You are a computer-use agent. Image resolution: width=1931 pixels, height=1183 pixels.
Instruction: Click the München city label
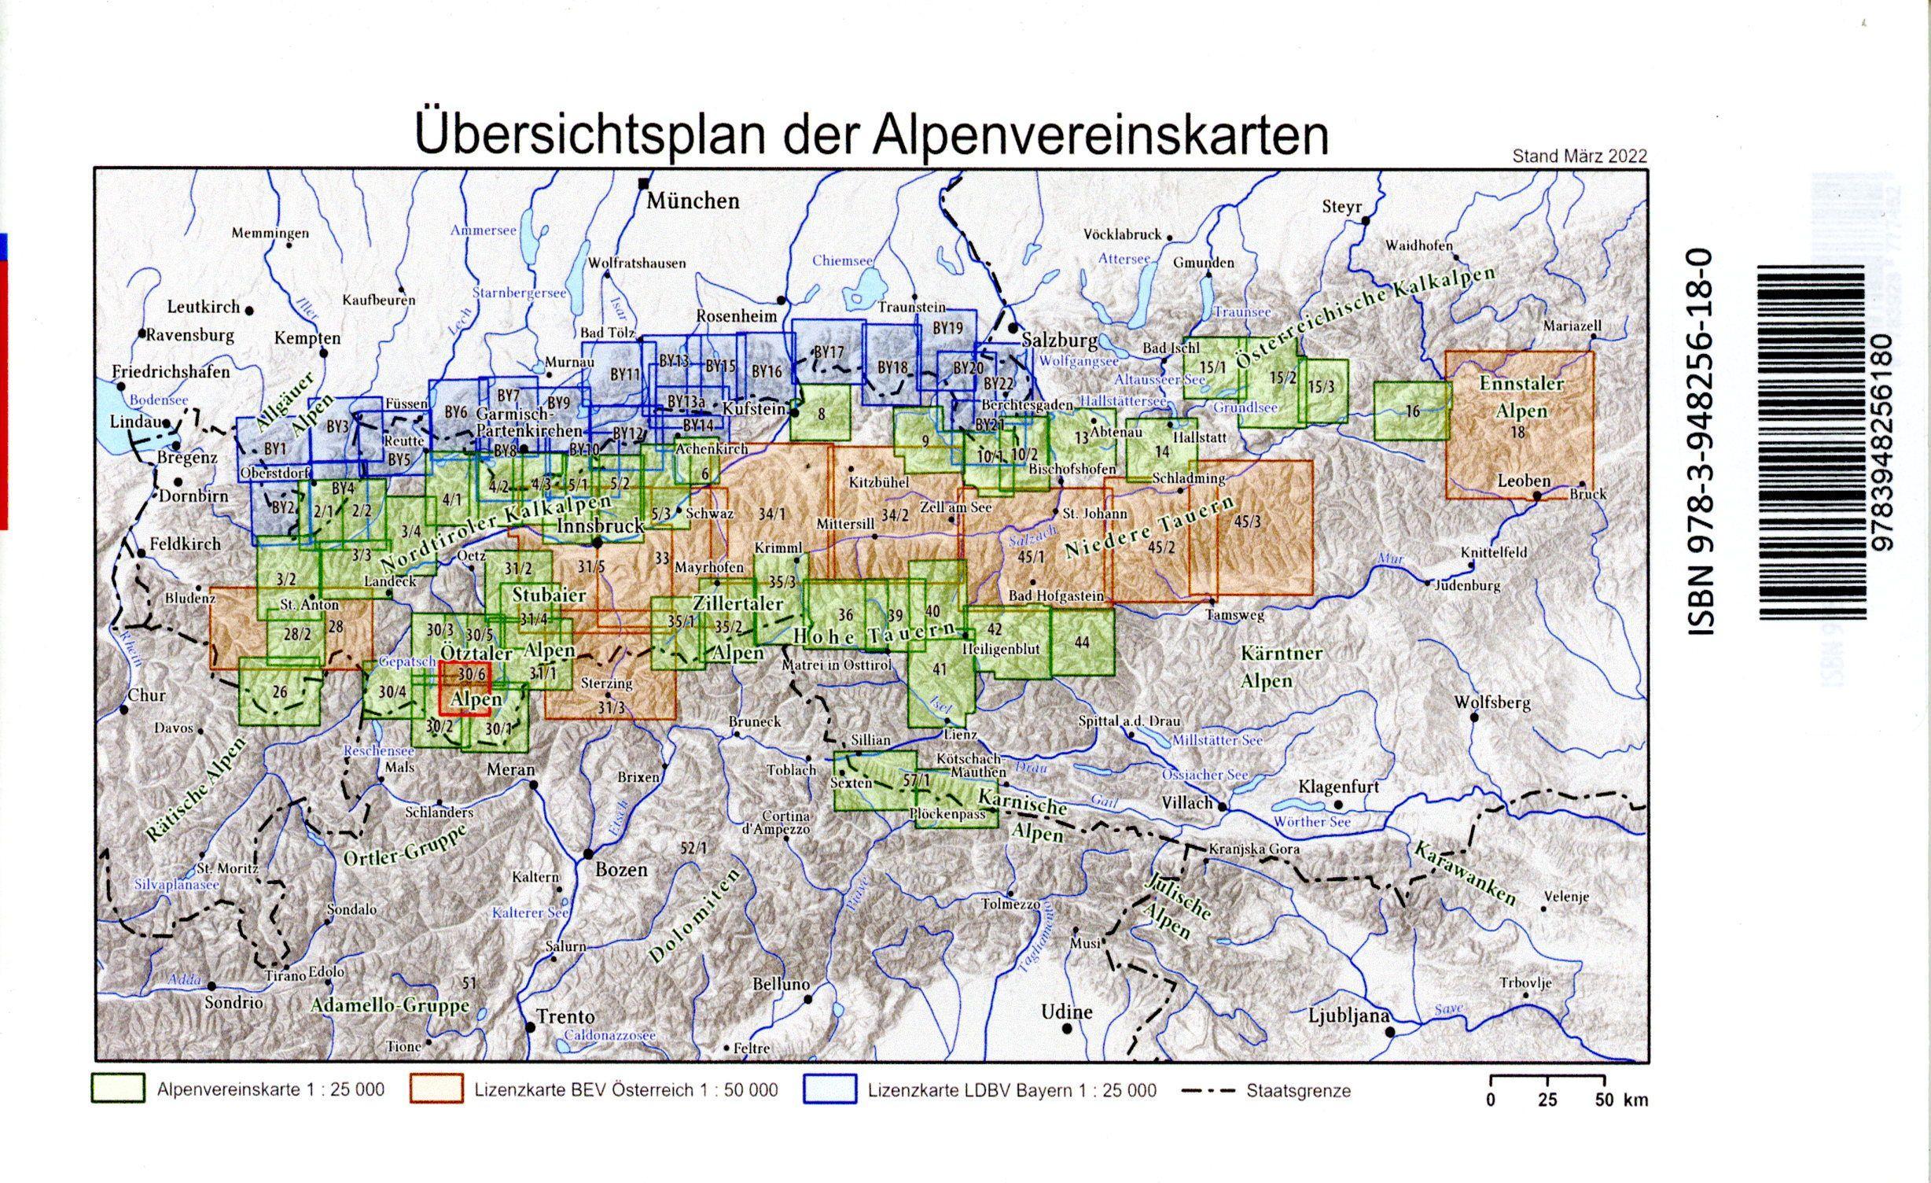tap(693, 201)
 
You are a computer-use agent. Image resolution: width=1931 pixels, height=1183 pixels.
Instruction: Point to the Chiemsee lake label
tap(843, 260)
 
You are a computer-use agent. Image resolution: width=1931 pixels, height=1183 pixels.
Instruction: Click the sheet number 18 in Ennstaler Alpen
tap(1518, 431)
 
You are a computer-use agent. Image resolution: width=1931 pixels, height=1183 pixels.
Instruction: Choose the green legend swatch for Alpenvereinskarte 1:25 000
tap(119, 1089)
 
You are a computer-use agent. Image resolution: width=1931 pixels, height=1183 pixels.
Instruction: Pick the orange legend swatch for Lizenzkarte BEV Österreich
tap(436, 1089)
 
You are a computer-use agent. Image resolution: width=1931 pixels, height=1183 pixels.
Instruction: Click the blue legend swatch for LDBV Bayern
tap(829, 1089)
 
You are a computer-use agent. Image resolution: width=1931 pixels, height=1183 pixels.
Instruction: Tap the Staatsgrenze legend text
tap(1298, 1091)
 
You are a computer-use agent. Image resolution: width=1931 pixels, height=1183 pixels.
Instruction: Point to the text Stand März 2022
tap(1579, 156)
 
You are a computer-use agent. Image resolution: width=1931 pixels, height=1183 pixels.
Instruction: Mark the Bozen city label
tap(621, 869)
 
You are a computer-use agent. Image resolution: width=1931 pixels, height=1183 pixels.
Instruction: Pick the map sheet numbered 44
tap(1082, 642)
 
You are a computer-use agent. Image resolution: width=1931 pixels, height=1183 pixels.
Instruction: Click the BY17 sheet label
tap(829, 353)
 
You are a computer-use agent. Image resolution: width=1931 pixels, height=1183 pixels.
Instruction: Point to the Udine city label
tap(1067, 1012)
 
